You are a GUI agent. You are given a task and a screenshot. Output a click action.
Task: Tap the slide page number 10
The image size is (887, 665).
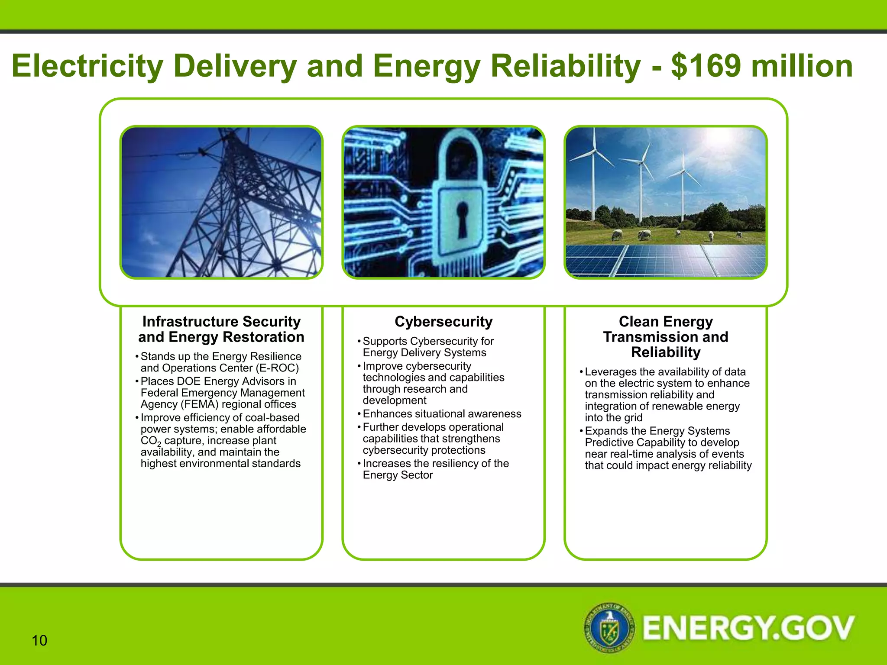pyautogui.click(x=39, y=640)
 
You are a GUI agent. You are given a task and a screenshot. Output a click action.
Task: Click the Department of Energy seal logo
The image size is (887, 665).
pyautogui.click(x=609, y=627)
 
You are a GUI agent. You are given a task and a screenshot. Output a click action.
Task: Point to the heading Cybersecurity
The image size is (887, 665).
pyautogui.click(x=443, y=322)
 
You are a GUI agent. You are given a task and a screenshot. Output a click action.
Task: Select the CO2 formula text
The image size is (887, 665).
pyautogui.click(x=151, y=441)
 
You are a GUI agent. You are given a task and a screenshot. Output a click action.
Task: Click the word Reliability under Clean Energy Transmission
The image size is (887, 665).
pyautogui.click(x=666, y=352)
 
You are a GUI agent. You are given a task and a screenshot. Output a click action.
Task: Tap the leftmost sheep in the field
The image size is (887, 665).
pyautogui.click(x=617, y=235)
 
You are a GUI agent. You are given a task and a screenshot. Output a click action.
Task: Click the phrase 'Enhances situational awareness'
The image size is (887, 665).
pyautogui.click(x=442, y=414)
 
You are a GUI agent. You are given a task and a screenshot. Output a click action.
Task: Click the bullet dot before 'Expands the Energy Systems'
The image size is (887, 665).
pyautogui.click(x=581, y=431)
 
